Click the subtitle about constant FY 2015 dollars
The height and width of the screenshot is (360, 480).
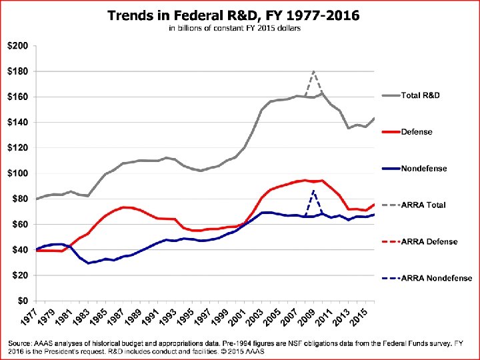235,29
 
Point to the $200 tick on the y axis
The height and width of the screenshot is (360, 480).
18,46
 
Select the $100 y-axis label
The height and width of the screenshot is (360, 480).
18,173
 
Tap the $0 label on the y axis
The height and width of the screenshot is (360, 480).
21,301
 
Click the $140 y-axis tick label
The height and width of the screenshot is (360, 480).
18,123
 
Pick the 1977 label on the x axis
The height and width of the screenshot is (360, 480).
29,316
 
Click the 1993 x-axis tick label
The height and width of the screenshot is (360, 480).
169,316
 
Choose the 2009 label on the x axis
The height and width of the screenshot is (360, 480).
307,316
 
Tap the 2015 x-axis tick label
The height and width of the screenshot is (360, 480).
360,316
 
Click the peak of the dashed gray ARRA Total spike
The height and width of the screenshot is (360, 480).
313,71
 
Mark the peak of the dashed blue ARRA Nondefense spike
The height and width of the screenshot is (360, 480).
313,191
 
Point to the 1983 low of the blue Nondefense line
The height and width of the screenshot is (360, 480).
89,263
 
